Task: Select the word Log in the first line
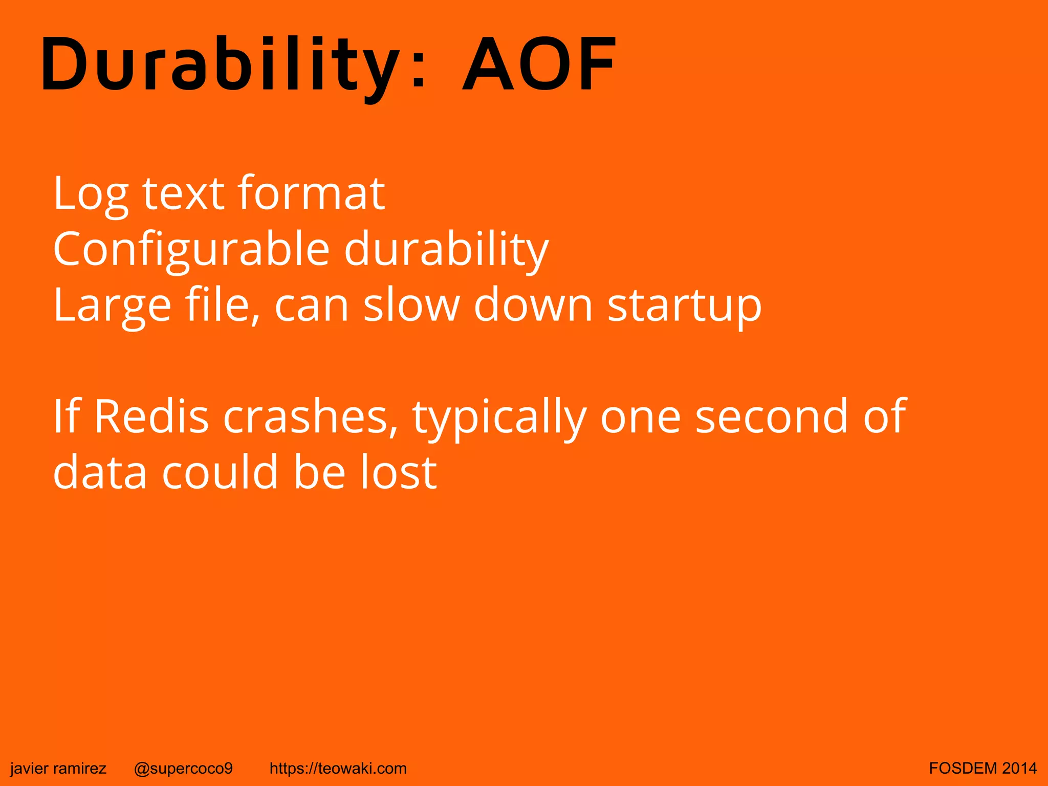pyautogui.click(x=90, y=194)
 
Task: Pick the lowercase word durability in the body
pyautogui.click(x=446, y=250)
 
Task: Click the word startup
pyautogui.click(x=684, y=306)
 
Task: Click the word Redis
pyautogui.click(x=151, y=417)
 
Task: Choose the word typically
pyautogui.click(x=499, y=418)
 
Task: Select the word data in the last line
pyautogui.click(x=100, y=472)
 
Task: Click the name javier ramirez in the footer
pyautogui.click(x=58, y=768)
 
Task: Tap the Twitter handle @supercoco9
pyautogui.click(x=183, y=768)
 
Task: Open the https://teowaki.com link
pyautogui.click(x=338, y=768)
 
